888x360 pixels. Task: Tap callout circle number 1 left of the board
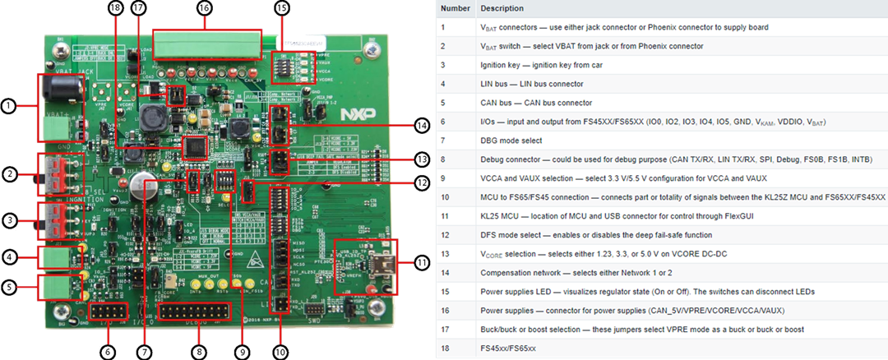pyautogui.click(x=8, y=106)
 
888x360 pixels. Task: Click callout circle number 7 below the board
pyautogui.click(x=146, y=350)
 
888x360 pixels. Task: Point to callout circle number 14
pyautogui.click(x=422, y=126)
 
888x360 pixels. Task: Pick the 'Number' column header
pyautogui.click(x=455, y=8)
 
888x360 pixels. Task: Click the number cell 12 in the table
pyautogui.click(x=444, y=234)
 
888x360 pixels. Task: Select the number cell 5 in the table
pyautogui.click(x=444, y=102)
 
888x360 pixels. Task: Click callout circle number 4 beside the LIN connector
pyautogui.click(x=8, y=257)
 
